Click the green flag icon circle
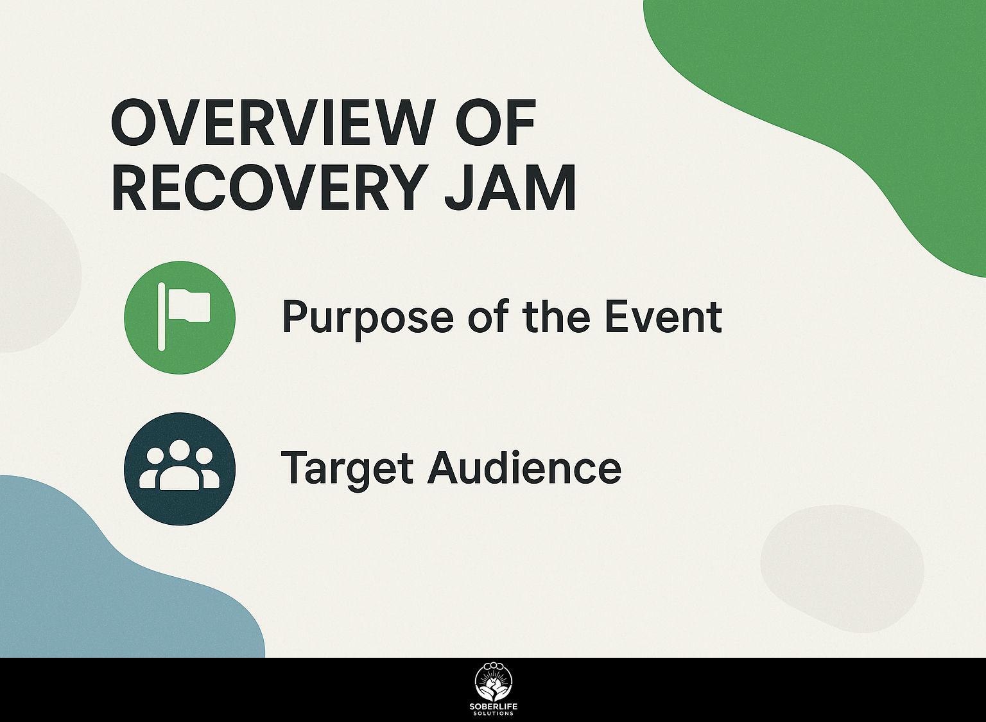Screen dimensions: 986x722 [180, 317]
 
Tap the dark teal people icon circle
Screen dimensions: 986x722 [180, 469]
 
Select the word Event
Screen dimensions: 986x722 [663, 316]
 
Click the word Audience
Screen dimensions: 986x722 [524, 467]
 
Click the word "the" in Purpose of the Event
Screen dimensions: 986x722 [557, 316]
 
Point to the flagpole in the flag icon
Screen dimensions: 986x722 [161, 316]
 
